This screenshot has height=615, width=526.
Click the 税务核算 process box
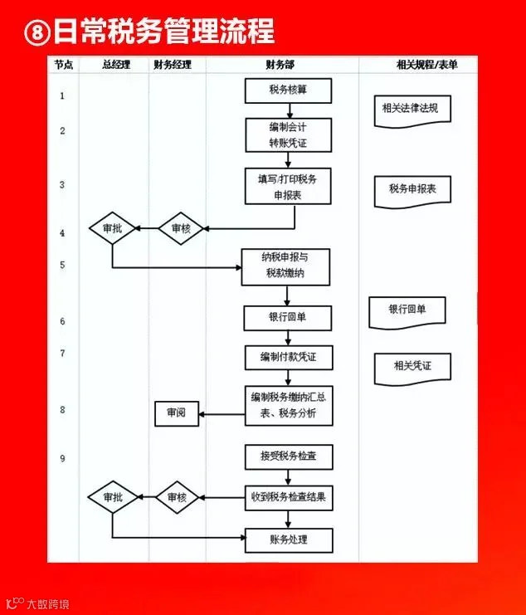point(288,90)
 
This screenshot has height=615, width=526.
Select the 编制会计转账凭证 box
point(289,135)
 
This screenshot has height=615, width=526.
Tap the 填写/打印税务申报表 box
point(288,186)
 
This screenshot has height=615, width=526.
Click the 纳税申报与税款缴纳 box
point(285,266)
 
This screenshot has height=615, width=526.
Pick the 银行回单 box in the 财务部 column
point(287,318)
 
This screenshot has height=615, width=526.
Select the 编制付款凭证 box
point(289,358)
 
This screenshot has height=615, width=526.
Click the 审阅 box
point(177,413)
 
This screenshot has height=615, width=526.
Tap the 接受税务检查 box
point(289,457)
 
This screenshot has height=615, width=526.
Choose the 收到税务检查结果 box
point(289,498)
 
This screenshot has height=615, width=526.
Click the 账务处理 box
point(289,540)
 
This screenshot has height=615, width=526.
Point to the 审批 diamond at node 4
point(113,228)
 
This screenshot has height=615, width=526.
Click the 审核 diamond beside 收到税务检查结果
point(178,497)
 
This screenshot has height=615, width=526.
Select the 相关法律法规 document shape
point(412,111)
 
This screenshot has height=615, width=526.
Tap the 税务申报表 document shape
point(412,192)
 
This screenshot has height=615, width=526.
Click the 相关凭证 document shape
point(412,369)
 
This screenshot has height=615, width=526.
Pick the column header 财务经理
point(173,65)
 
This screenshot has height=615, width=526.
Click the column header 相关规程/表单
point(426,65)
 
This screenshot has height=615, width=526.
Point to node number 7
point(62,354)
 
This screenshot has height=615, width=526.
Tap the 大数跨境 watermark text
point(48,604)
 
